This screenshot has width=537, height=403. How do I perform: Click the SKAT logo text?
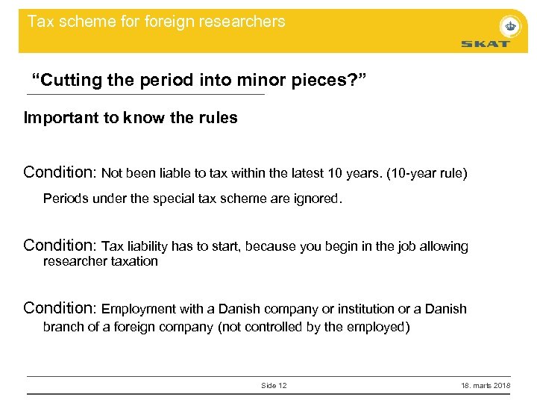485,43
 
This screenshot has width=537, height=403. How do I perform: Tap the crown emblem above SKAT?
510,25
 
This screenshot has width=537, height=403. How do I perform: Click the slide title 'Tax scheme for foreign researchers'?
156,21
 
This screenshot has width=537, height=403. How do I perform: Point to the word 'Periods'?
65,199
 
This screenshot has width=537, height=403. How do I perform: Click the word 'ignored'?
315,199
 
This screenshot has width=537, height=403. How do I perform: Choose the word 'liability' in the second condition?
148,246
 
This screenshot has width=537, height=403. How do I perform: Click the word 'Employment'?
138,309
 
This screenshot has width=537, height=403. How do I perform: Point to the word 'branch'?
62,327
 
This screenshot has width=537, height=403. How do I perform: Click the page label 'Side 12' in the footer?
274,385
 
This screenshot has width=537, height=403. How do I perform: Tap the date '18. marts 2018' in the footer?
485,385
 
